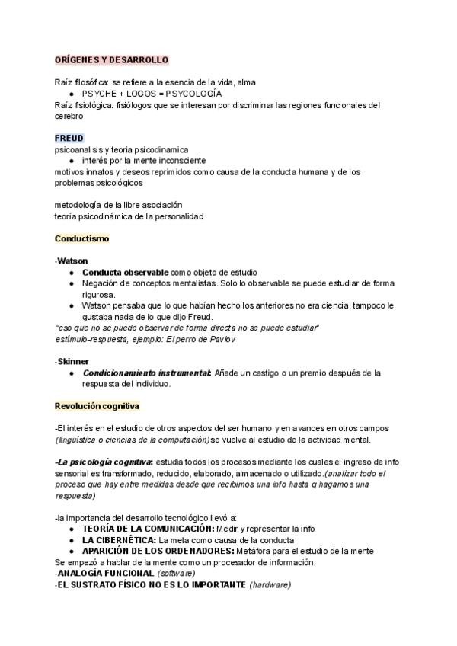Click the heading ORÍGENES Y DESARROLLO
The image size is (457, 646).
pyautogui.click(x=111, y=59)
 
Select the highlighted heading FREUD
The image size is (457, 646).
pyautogui.click(x=69, y=138)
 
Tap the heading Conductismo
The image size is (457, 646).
pyautogui.click(x=81, y=238)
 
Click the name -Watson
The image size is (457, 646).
pyautogui.click(x=71, y=261)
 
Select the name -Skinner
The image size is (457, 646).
pyautogui.click(x=72, y=361)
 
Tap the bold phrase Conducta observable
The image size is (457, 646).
pyautogui.click(x=125, y=272)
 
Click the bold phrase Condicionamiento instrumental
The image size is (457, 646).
pyautogui.click(x=146, y=373)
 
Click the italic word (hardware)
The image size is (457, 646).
pyautogui.click(x=270, y=584)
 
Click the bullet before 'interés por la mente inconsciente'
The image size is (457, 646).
pyautogui.click(x=72, y=161)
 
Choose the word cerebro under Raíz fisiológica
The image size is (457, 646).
pyautogui.click(x=69, y=116)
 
